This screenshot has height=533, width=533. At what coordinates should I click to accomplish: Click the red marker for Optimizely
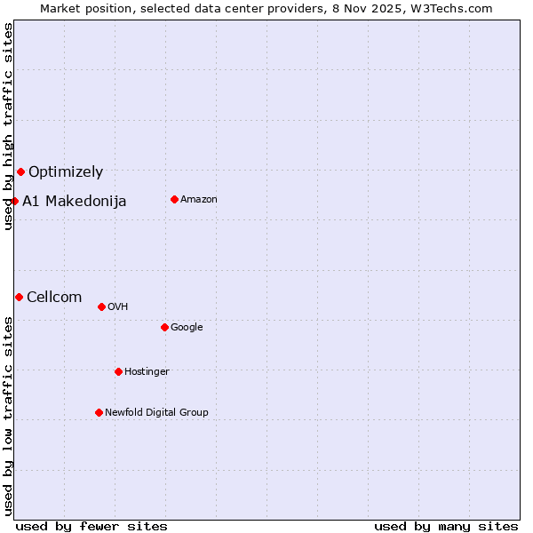pyautogui.click(x=20, y=171)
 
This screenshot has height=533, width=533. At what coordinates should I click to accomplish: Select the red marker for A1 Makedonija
pyautogui.click(x=14, y=201)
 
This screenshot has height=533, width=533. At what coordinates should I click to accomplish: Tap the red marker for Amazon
pyautogui.click(x=174, y=199)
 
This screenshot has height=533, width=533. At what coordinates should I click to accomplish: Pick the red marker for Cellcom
pyautogui.click(x=19, y=297)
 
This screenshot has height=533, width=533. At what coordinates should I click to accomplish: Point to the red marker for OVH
pyautogui.click(x=101, y=306)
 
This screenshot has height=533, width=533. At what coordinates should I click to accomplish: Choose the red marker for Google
pyautogui.click(x=164, y=327)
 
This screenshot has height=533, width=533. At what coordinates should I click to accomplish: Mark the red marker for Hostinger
pyautogui.click(x=118, y=371)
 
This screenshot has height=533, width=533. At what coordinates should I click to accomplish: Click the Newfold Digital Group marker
pyautogui.click(x=99, y=412)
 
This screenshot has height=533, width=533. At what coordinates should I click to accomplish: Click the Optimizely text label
pyautogui.click(x=66, y=172)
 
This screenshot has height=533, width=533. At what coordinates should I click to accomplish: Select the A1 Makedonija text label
pyautogui.click(x=75, y=202)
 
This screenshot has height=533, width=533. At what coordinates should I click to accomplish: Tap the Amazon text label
pyautogui.click(x=199, y=200)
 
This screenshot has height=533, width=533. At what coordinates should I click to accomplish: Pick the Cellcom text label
pyautogui.click(x=54, y=298)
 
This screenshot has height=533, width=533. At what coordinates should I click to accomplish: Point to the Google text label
pyautogui.click(x=187, y=328)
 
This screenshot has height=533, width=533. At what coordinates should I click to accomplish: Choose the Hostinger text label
pyautogui.click(x=147, y=372)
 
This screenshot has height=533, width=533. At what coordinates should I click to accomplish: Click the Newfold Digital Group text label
pyautogui.click(x=156, y=413)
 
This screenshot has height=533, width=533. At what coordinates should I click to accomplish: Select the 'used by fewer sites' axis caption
pyautogui.click(x=91, y=526)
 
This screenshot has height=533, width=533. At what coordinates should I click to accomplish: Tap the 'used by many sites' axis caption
pyautogui.click(x=446, y=526)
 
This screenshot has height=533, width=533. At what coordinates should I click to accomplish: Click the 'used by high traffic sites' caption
pyautogui.click(x=8, y=126)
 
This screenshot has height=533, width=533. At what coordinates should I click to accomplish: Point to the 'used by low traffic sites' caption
pyautogui.click(x=8, y=415)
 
